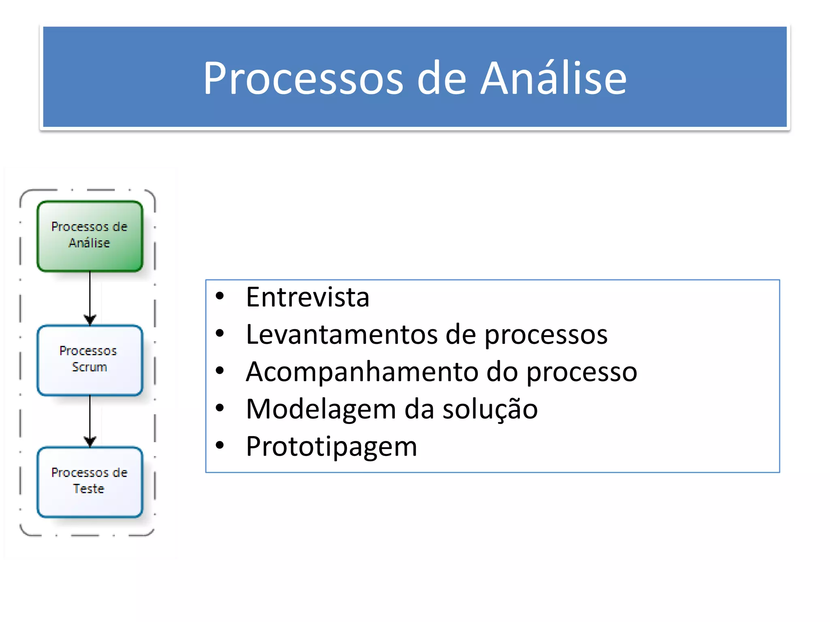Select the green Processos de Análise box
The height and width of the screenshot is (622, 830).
[90, 236]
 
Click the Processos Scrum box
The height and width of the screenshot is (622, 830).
[90, 360]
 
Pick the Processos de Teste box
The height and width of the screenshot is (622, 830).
[90, 481]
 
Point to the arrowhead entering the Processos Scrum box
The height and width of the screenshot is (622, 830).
[90, 320]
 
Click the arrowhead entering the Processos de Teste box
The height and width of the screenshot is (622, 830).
[90, 442]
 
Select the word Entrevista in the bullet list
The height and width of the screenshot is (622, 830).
[307, 297]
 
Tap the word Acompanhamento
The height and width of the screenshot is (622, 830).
[362, 372]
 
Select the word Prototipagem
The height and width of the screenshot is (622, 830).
[331, 446]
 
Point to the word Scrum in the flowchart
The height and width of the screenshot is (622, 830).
[89, 367]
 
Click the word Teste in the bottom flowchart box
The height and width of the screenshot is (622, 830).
[89, 489]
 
